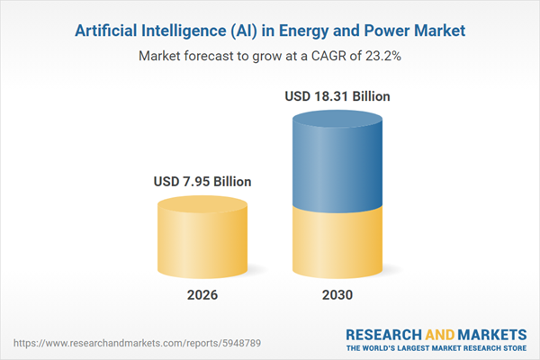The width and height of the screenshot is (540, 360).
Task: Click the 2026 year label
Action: pos(202,296)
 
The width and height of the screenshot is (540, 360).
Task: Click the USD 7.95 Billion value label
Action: pos(202,182)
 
